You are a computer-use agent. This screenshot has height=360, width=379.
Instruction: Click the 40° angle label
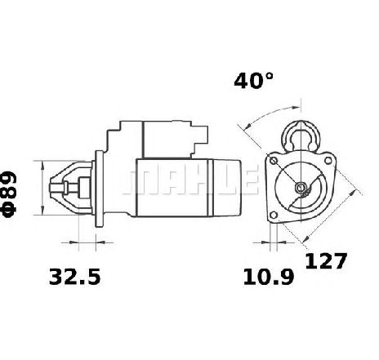pyautogui.click(x=253, y=81)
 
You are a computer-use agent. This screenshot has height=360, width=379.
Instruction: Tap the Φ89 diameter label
pyautogui.click(x=10, y=194)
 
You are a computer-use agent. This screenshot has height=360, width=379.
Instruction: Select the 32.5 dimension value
pyautogui.click(x=75, y=277)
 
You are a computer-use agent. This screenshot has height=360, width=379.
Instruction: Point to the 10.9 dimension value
pyautogui.click(x=269, y=277)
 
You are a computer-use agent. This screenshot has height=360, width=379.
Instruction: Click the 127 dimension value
pyautogui.click(x=326, y=261)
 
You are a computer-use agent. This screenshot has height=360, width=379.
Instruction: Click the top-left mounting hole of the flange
pyautogui.click(x=273, y=161)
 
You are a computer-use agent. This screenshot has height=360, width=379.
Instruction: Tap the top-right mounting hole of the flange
pyautogui.click(x=328, y=161)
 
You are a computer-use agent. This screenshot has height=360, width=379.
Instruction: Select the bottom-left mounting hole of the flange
pyautogui.click(x=274, y=216)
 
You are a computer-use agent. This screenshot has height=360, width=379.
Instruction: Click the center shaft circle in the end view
pyautogui.click(x=301, y=188)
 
